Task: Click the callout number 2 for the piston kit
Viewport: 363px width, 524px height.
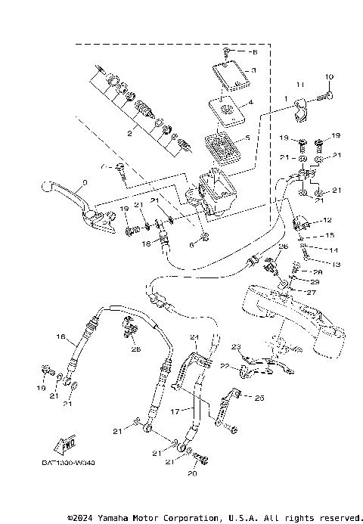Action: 130,133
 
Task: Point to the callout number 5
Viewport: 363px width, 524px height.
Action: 252,102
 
